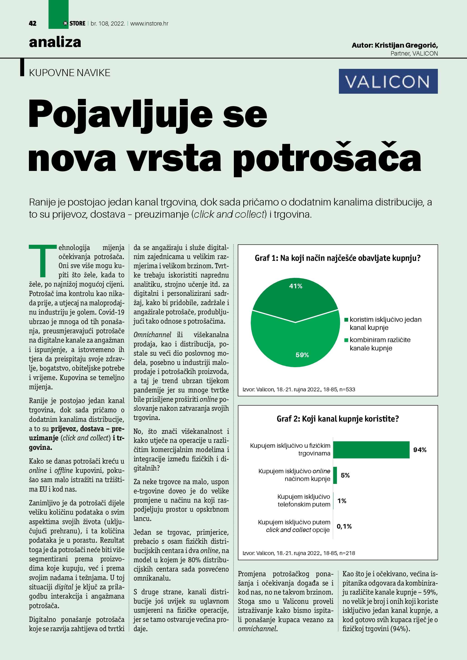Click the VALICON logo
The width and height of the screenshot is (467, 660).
[388, 81]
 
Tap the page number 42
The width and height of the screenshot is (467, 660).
[33, 23]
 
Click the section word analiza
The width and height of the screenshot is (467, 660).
[55, 42]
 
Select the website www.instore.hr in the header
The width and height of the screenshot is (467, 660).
[149, 23]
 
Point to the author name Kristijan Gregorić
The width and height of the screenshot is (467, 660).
[406, 45]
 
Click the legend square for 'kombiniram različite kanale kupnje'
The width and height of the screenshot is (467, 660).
[347, 340]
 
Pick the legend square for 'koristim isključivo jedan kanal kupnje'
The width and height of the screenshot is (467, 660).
[347, 320]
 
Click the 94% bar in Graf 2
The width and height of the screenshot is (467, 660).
[371, 450]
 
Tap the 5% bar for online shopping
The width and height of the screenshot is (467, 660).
[335, 475]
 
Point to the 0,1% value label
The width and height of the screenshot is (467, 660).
[344, 526]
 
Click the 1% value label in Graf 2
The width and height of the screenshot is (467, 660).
[342, 501]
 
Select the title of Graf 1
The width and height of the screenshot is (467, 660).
[338, 258]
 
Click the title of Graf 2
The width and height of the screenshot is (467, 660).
[338, 419]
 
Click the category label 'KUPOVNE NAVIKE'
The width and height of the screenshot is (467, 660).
[70, 73]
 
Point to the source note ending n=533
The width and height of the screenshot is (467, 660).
[299, 389]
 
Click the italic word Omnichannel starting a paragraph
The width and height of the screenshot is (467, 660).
[153, 335]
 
